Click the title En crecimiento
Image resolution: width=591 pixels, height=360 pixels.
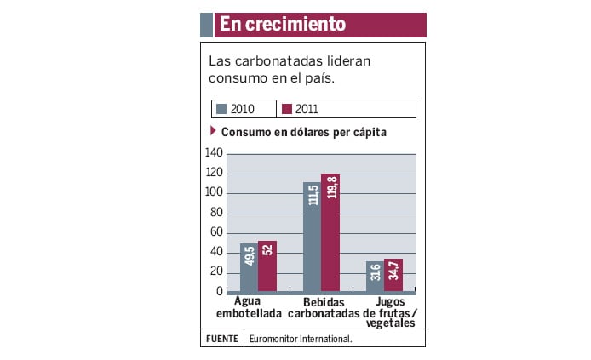pyautogui.click(x=282, y=25)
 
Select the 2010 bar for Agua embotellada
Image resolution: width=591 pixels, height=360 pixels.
pyautogui.click(x=249, y=267)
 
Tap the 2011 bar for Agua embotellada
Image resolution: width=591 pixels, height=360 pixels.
pyautogui.click(x=267, y=266)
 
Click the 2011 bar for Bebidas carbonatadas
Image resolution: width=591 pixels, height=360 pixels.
pyautogui.click(x=330, y=233)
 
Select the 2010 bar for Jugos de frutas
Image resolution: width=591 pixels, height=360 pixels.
pyautogui.click(x=375, y=277)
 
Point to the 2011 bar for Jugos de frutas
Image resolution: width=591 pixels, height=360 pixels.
pyautogui.click(x=393, y=275)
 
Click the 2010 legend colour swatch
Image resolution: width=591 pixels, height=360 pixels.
pyautogui.click(x=221, y=109)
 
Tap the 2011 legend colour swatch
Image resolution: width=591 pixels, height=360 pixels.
pyautogui.click(x=287, y=109)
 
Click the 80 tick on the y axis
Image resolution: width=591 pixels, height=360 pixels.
pyautogui.click(x=216, y=213)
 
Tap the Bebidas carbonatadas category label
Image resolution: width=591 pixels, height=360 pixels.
pyautogui.click(x=325, y=307)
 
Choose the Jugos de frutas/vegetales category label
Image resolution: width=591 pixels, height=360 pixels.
pyautogui.click(x=390, y=312)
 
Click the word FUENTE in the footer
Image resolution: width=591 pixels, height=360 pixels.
pyautogui.click(x=221, y=339)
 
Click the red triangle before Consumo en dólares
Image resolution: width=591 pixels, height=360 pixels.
pyautogui.click(x=213, y=131)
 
